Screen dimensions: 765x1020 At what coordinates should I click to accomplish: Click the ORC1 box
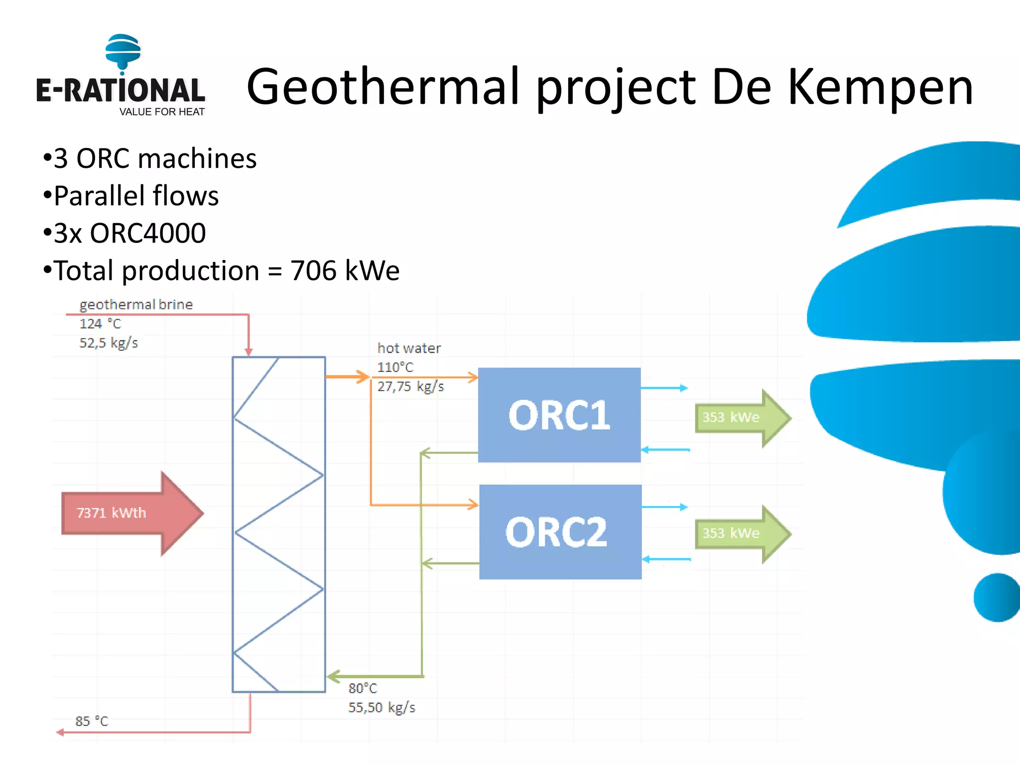click(x=559, y=415)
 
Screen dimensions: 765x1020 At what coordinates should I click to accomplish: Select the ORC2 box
click(x=560, y=531)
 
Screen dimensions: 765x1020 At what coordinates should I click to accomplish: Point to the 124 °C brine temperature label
click(x=100, y=324)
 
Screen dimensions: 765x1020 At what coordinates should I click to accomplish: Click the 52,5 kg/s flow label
click(x=109, y=343)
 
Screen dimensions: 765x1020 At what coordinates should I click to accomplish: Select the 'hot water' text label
click(x=409, y=348)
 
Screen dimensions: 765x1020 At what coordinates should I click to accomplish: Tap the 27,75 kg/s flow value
click(x=410, y=386)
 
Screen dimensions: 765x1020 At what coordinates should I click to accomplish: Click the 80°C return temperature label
click(x=363, y=688)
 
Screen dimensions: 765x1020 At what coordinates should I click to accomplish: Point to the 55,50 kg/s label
click(x=382, y=707)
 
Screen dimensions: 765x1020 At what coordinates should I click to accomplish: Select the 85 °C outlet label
click(x=92, y=721)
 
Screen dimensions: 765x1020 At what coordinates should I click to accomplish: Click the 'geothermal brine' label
click(x=136, y=304)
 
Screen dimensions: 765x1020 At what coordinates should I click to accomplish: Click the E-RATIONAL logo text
click(x=121, y=91)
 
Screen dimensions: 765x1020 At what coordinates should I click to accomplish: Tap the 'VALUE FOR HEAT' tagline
click(x=162, y=112)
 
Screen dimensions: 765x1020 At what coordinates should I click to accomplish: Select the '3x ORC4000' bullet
click(x=129, y=233)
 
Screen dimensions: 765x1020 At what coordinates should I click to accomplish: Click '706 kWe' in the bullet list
click(x=345, y=271)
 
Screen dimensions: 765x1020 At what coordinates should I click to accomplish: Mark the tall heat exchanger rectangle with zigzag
click(x=279, y=524)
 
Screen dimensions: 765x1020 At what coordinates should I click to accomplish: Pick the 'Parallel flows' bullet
click(x=135, y=196)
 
